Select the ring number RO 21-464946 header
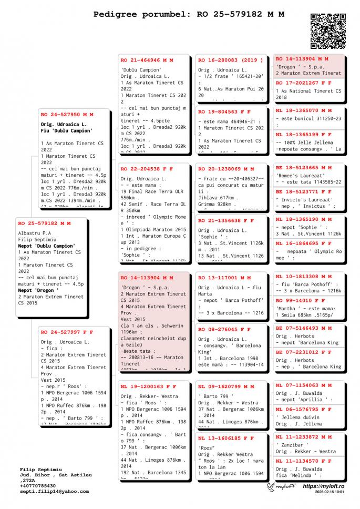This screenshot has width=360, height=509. [147, 60]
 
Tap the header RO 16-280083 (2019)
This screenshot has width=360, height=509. [230, 60]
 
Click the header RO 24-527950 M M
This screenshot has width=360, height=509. [67, 114]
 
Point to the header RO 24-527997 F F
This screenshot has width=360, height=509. [67, 332]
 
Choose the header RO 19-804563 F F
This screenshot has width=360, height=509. [224, 112]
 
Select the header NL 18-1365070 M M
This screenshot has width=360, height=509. [304, 111]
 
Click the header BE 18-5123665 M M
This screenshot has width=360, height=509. [304, 167]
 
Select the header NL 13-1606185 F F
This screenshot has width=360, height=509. [226, 437]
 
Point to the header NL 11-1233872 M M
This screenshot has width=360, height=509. [304, 437]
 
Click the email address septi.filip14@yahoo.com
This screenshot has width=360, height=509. [55, 492]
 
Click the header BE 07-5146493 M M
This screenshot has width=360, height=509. [304, 328]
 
